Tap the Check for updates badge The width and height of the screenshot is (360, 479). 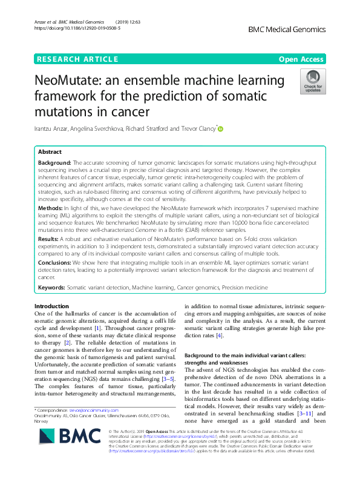point(313,81)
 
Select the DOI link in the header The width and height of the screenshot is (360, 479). point(77,28)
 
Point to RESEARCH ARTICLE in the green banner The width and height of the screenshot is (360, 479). point(77,59)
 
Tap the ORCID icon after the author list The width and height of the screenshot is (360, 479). point(220,128)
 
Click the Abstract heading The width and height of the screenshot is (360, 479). point(50,152)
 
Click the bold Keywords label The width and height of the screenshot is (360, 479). point(51,286)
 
